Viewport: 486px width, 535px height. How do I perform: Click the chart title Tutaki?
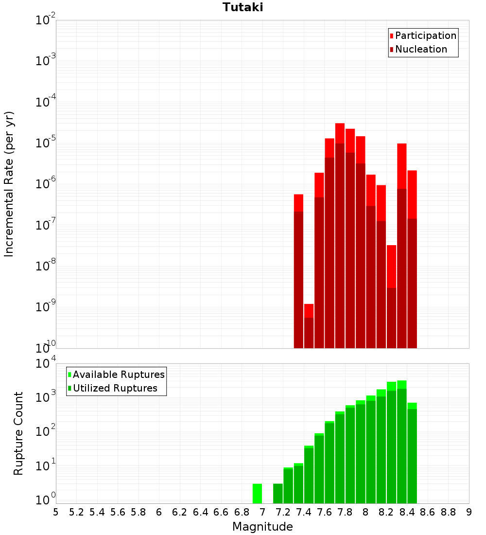(x=243, y=7)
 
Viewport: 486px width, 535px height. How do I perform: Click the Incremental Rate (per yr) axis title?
(x=9, y=184)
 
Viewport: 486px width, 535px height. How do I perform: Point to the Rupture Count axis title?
(x=18, y=433)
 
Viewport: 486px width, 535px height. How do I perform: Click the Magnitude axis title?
(x=262, y=527)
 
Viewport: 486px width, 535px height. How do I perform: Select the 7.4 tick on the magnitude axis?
(x=304, y=512)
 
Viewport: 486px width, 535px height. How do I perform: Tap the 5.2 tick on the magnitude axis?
(x=77, y=512)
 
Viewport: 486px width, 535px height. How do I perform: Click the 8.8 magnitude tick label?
(x=448, y=512)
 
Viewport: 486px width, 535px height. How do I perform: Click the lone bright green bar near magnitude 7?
(x=257, y=494)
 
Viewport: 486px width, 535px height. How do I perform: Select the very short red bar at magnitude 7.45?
(x=309, y=326)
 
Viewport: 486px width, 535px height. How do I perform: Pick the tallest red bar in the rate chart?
(x=340, y=233)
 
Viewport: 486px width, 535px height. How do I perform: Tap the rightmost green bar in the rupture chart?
(x=412, y=452)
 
